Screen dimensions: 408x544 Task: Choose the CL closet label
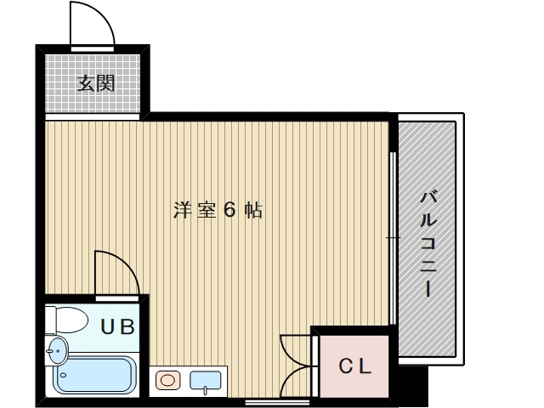355,367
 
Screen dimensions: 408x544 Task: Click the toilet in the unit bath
67,319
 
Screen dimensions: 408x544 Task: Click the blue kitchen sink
206,380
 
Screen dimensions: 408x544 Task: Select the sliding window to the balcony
392,238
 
